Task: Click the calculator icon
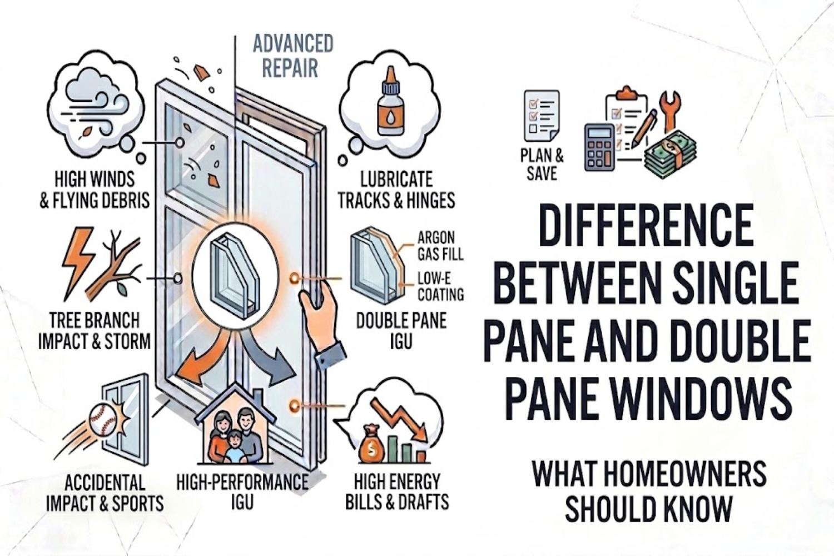pyautogui.click(x=599, y=147)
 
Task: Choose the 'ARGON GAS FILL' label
pyautogui.click(x=440, y=246)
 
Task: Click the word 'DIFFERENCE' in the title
pyautogui.click(x=646, y=225)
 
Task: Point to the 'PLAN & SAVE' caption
pyautogui.click(x=542, y=164)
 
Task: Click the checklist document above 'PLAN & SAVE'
pyautogui.click(x=541, y=116)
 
